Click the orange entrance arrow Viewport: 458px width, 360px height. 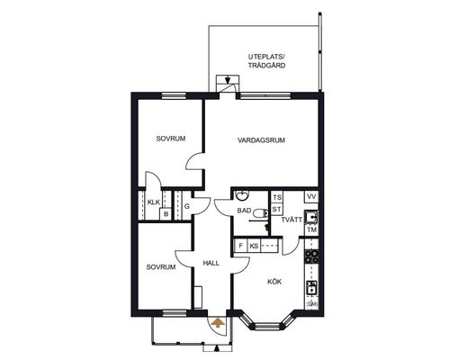click(x=218, y=323)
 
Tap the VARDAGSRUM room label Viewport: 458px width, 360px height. click(x=261, y=140)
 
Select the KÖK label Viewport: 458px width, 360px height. click(x=274, y=282)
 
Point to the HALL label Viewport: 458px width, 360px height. click(x=211, y=264)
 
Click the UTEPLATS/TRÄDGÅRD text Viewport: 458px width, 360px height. click(x=266, y=61)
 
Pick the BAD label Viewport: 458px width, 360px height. click(x=244, y=211)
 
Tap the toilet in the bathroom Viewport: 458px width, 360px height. click(x=260, y=213)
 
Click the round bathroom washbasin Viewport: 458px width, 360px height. click(x=241, y=196)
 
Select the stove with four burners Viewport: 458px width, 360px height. click(x=311, y=256)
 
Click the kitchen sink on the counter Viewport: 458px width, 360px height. click(x=311, y=288)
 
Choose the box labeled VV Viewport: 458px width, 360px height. click(x=311, y=197)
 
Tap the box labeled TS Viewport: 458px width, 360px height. click(x=277, y=198)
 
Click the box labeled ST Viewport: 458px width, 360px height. click(x=277, y=209)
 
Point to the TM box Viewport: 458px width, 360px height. click(x=312, y=230)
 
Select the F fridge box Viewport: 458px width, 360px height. click(x=240, y=246)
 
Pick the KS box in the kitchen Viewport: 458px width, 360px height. click(x=254, y=246)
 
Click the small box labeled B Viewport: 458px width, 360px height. click(x=166, y=214)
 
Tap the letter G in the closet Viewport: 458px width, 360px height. click(x=187, y=206)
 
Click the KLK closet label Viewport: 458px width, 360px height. click(x=154, y=202)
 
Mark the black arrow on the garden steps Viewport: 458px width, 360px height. click(x=228, y=80)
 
